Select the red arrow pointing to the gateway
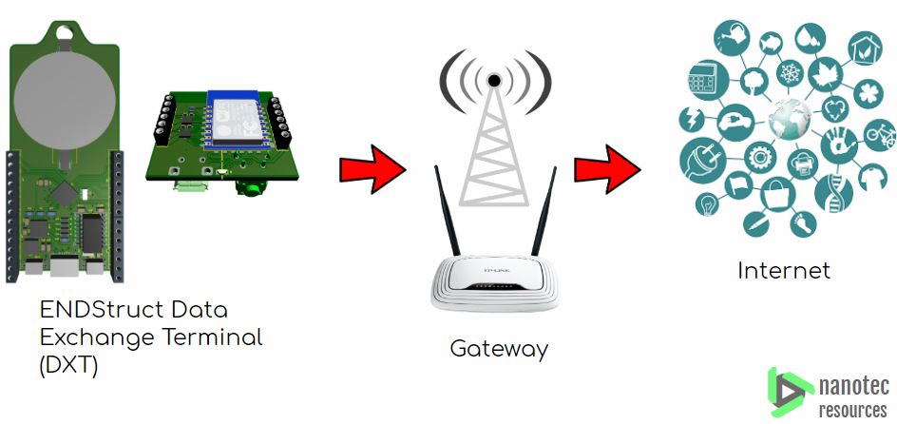pyautogui.click(x=372, y=170)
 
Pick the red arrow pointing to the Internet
pyautogui.click(x=606, y=170)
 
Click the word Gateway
pyautogui.click(x=499, y=349)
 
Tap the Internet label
pyautogui.click(x=784, y=271)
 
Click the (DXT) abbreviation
pyautogui.click(x=68, y=365)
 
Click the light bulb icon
pyautogui.click(x=707, y=202)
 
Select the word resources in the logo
pyautogui.click(x=852, y=409)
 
